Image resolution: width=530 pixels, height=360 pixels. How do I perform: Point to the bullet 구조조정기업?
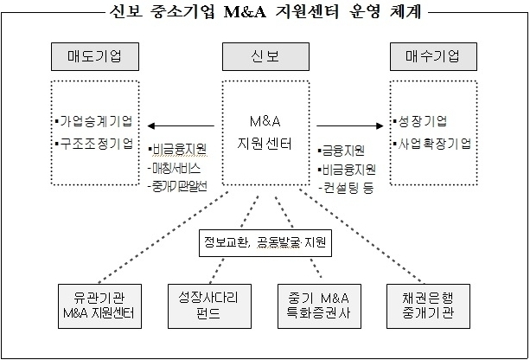[x=94, y=142]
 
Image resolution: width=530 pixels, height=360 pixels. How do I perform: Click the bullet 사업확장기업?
[x=432, y=142]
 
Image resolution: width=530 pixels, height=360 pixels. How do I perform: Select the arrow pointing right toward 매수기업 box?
[x=348, y=124]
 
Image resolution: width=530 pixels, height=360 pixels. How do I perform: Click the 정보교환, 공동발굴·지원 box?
[x=265, y=242]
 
